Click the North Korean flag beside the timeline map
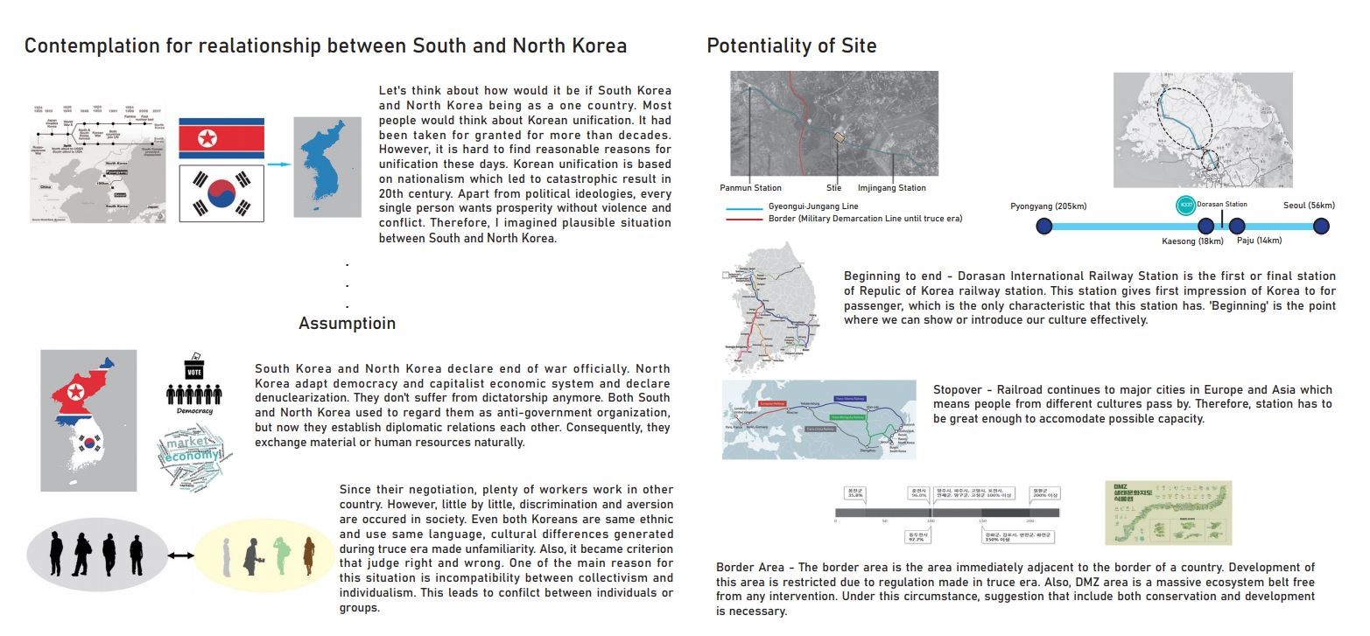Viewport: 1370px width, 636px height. coord(221,138)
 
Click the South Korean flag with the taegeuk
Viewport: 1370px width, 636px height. coord(221,192)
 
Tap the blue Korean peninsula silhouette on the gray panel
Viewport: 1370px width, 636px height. coord(326,167)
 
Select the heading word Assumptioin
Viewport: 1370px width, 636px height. coord(347,324)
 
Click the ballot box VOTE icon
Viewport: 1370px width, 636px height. coord(194,368)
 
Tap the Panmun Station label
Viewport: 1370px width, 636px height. coord(750,188)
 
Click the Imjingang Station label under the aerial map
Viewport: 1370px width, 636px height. coord(891,188)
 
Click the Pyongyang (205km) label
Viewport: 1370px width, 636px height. coord(1048,206)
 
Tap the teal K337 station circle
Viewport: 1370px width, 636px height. coord(1185,205)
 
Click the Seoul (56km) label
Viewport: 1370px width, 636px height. coord(1309,206)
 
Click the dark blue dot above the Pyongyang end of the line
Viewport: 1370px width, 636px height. coord(1043,227)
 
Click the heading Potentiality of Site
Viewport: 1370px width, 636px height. coord(791,45)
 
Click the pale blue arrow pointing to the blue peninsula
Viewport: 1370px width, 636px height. coord(278,164)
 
